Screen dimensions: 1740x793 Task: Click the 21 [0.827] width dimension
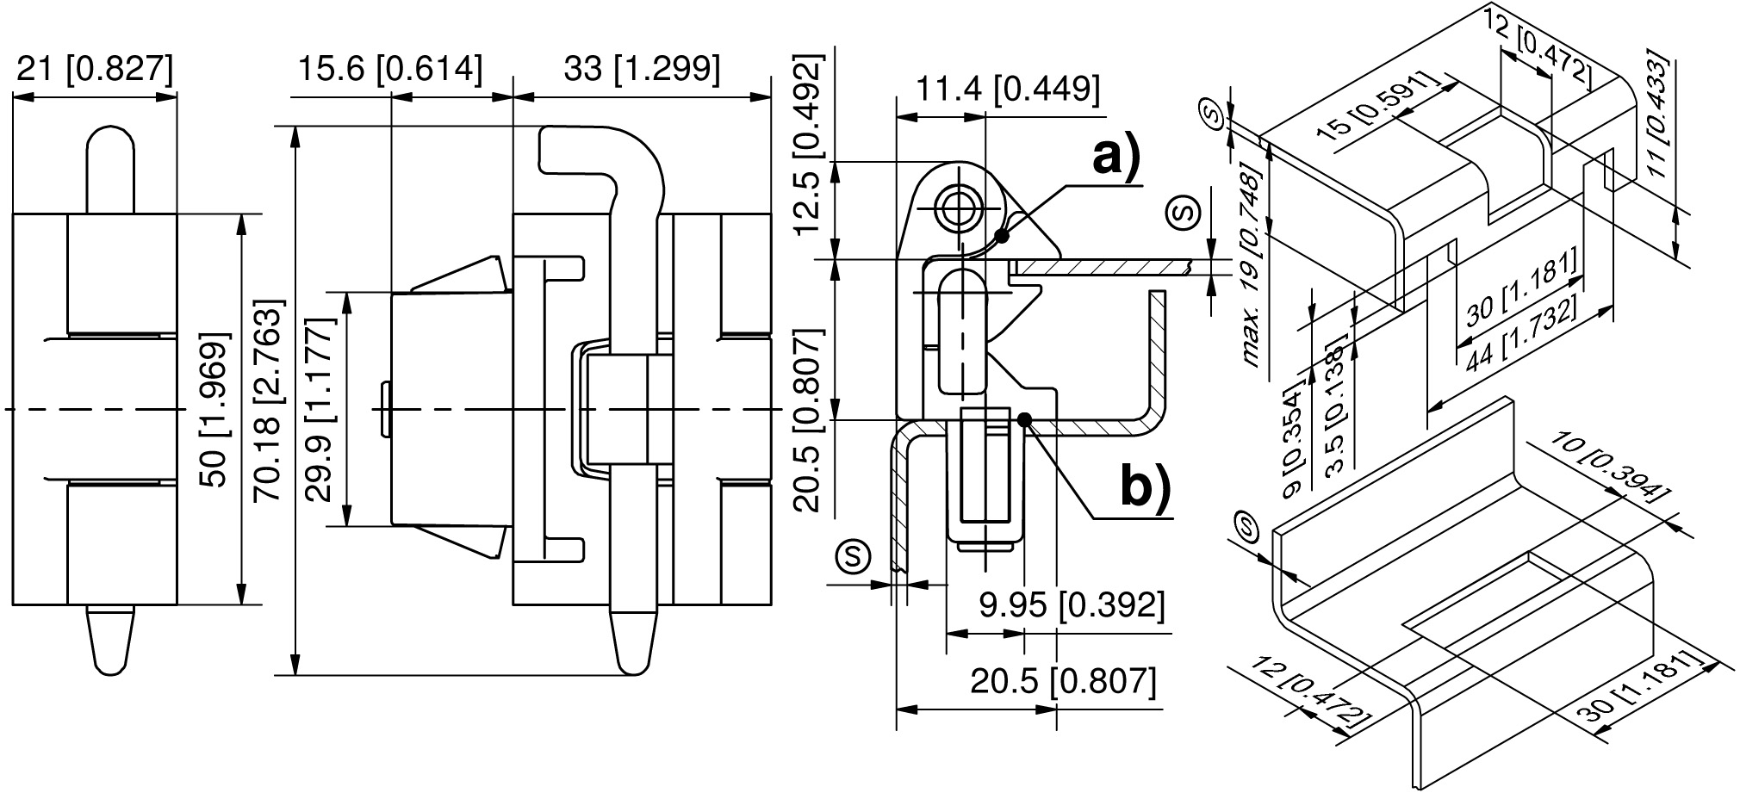95,70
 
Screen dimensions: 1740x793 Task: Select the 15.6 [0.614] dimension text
390,69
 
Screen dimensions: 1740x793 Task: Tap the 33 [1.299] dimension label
642,69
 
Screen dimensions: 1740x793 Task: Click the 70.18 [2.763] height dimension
269,401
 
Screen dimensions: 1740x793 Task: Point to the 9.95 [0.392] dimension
1072,606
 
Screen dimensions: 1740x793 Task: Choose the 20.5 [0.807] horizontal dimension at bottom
1063,682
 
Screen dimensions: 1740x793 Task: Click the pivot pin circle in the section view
956,208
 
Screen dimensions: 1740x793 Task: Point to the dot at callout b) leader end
1025,419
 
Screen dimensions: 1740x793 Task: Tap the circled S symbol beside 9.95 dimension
852,557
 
